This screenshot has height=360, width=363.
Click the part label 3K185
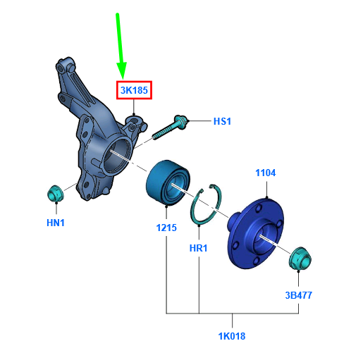(x=134, y=90)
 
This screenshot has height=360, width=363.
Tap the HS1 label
(x=222, y=121)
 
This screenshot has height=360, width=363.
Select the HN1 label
(x=56, y=223)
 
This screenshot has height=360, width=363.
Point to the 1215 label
(x=166, y=228)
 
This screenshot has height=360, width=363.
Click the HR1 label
(x=199, y=248)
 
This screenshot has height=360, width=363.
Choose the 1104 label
(x=266, y=173)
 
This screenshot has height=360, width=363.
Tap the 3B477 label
(x=299, y=295)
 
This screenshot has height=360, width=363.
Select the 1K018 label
(x=232, y=336)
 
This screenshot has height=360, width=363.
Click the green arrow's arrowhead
(x=122, y=70)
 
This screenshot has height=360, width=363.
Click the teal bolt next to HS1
(x=169, y=128)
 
